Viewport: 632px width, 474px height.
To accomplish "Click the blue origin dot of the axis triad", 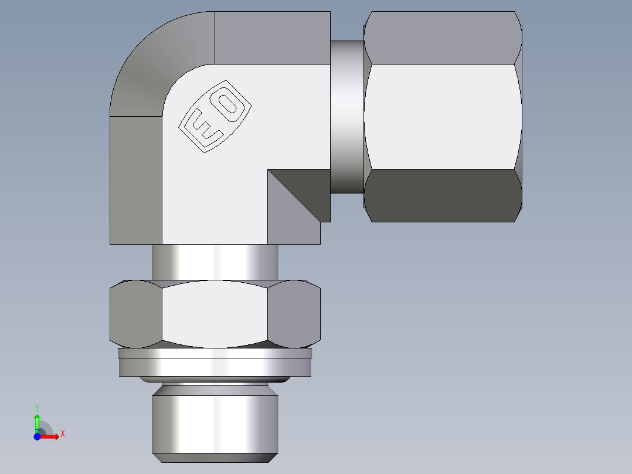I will [x=37, y=436].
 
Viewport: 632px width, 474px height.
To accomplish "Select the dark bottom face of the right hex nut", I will [x=443, y=195].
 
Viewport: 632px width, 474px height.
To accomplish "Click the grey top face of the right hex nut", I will [x=443, y=38].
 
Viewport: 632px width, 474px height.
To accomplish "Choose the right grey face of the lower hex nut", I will [x=294, y=314].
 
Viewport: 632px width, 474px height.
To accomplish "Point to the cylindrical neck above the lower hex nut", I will [x=215, y=262].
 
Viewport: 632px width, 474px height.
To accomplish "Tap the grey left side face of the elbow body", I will [x=136, y=180].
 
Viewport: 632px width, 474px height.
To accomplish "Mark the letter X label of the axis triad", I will [x=62, y=434].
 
